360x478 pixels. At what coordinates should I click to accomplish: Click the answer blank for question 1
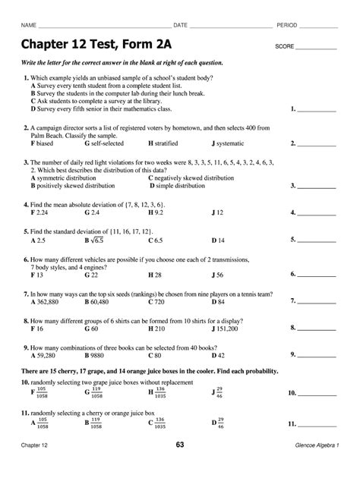(317, 109)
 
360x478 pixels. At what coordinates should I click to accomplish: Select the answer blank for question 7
(317, 301)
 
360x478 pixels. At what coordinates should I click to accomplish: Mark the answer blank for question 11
(317, 423)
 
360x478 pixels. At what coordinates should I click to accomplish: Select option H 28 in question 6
(155, 274)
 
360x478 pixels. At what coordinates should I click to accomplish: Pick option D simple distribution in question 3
(184, 185)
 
